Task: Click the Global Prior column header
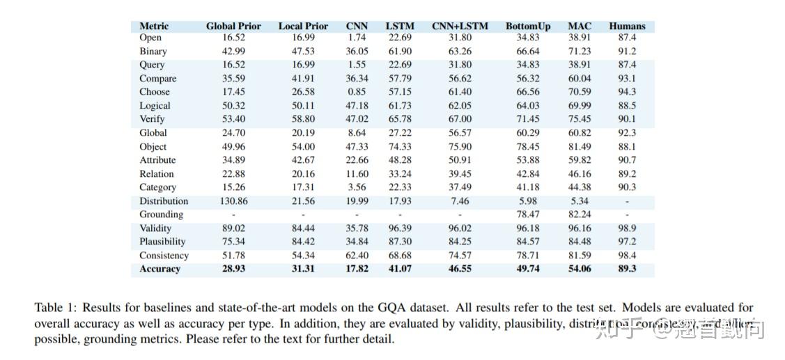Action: (233, 26)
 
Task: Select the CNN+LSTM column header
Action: (460, 26)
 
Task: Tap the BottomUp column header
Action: (528, 26)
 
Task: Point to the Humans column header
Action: (627, 26)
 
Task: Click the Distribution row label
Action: (164, 201)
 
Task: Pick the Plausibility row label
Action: (162, 242)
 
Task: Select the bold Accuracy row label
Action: (160, 269)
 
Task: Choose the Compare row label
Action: (157, 79)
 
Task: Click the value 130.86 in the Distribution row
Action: (233, 201)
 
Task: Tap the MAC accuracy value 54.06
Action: (580, 269)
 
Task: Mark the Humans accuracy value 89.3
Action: (627, 269)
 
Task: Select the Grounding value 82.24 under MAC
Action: (580, 214)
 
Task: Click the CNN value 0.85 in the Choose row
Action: (357, 92)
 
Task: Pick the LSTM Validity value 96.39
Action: (400, 228)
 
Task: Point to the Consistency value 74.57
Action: (460, 256)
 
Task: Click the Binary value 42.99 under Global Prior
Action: (233, 52)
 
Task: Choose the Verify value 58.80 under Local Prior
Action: (303, 119)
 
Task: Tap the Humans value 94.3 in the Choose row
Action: (627, 92)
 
